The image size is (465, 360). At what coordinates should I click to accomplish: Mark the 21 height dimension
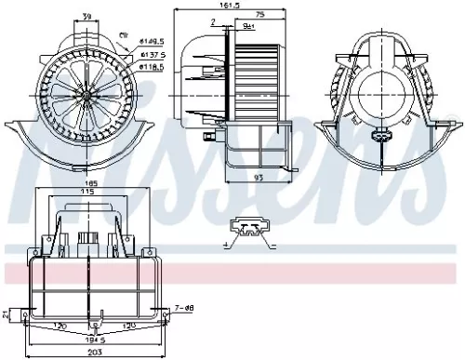click(7, 314)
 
